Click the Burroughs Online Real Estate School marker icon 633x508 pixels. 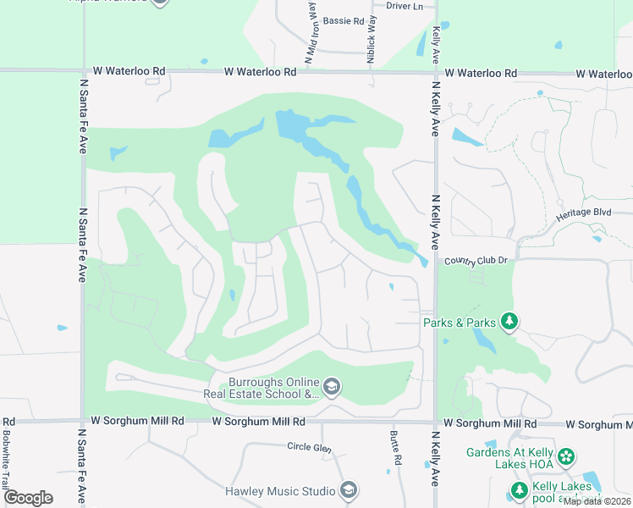tap(332, 387)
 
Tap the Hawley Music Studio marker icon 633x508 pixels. tap(348, 490)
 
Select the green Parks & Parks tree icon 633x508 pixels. tap(509, 321)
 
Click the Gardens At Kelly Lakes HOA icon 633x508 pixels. tap(565, 458)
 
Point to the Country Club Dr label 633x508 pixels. tap(475, 261)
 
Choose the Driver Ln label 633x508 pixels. tap(405, 6)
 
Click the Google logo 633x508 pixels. tap(27, 498)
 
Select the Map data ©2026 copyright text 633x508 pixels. tap(597, 501)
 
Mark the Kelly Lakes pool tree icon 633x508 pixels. tap(519, 489)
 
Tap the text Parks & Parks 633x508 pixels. tap(460, 322)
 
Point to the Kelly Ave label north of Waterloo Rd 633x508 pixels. tap(436, 45)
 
